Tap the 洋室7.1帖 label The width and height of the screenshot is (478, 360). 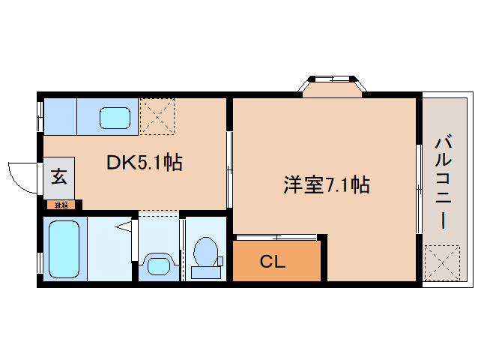pyautogui.click(x=326, y=184)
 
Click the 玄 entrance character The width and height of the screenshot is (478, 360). pyautogui.click(x=59, y=178)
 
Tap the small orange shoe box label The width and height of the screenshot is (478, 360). pyautogui.click(x=61, y=204)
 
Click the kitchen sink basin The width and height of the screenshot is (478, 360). pyautogui.click(x=115, y=117)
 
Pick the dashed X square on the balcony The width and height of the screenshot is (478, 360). pyautogui.click(x=441, y=260)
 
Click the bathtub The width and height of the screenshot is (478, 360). pyautogui.click(x=64, y=249)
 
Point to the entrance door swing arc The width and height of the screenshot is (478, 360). pyautogui.click(x=19, y=178)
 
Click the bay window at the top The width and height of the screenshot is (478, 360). pyautogui.click(x=332, y=85)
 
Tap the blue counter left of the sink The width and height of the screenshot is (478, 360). pyautogui.click(x=60, y=116)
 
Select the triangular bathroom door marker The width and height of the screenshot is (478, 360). pyautogui.click(x=125, y=225)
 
